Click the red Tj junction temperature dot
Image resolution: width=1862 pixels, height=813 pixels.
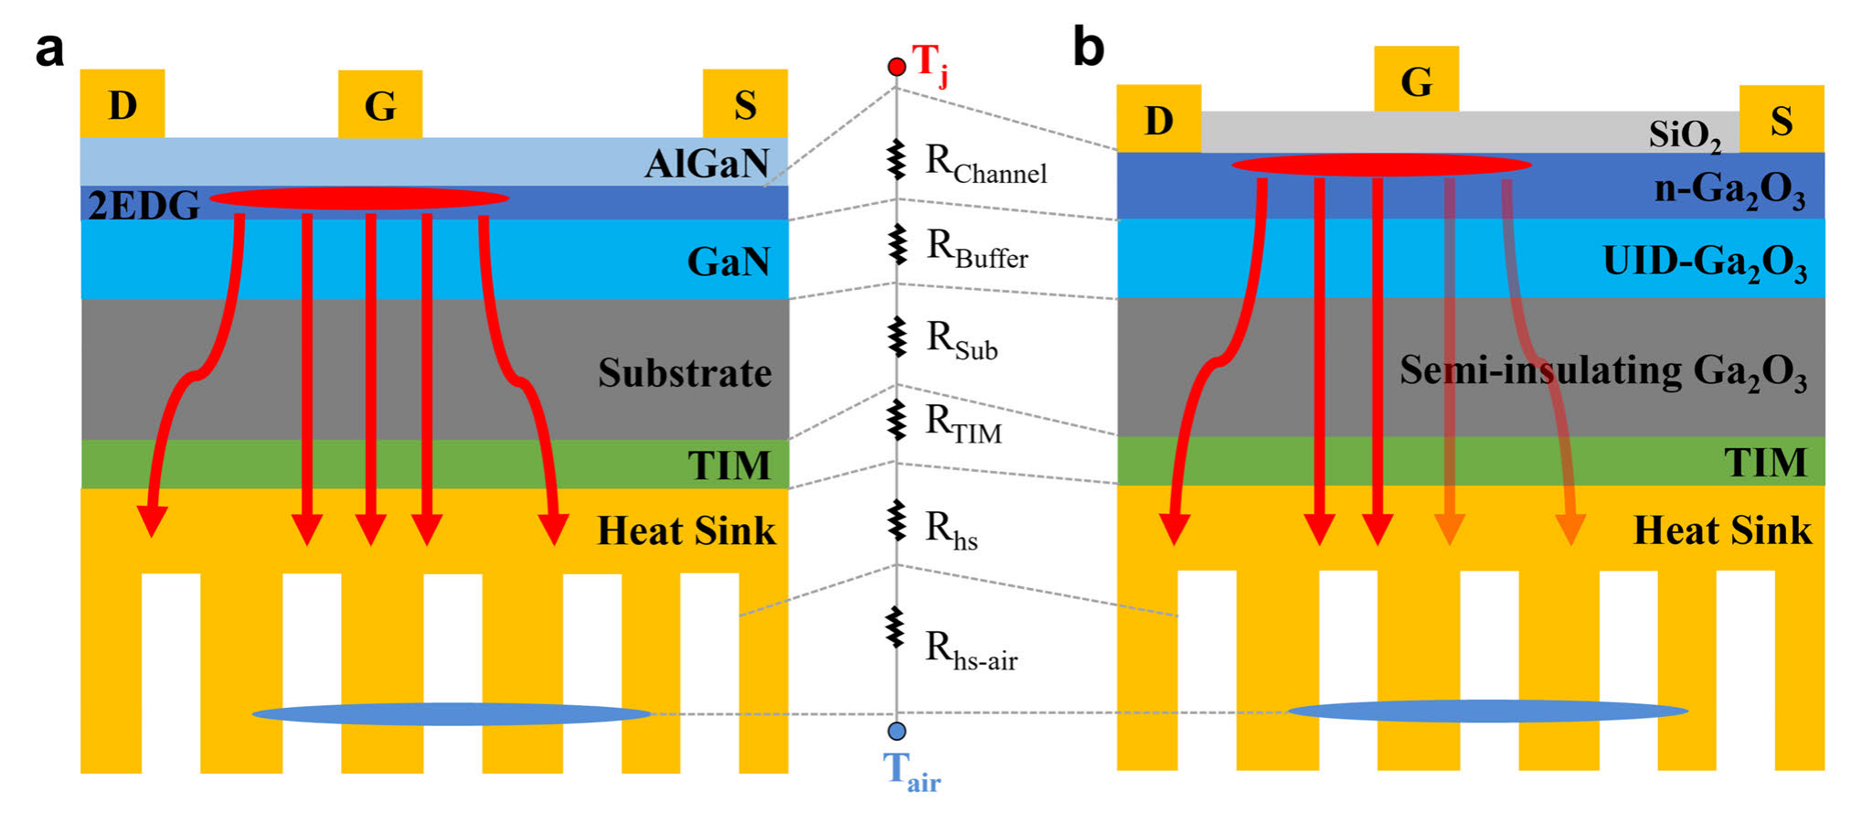[x=897, y=67]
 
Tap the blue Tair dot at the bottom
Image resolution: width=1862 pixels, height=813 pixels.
[x=897, y=731]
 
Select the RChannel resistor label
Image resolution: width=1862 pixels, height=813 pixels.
[x=985, y=165]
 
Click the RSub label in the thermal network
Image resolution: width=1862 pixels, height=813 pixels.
[x=962, y=340]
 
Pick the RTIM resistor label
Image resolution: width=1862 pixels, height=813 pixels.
[x=963, y=424]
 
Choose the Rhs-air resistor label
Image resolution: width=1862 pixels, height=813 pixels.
[x=971, y=650]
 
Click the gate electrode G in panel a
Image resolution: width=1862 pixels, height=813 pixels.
[x=380, y=104]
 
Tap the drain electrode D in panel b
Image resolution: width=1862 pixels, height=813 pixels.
[x=1158, y=119]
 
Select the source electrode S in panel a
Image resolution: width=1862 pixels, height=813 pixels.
[x=745, y=103]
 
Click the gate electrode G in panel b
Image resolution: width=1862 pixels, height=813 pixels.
[x=1416, y=80]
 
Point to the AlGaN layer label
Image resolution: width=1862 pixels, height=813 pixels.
[x=707, y=164]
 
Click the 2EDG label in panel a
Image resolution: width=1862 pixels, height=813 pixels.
[x=144, y=206]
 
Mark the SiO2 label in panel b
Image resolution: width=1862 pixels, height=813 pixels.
[x=1685, y=136]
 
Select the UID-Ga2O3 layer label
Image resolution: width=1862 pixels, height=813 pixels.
[x=1705, y=262]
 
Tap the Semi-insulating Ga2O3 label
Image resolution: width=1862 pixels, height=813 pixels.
[x=1603, y=371]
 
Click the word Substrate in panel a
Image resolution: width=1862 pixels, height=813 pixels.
[x=685, y=373]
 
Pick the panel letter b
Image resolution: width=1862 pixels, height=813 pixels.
[x=1088, y=46]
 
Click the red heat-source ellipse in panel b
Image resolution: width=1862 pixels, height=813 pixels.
[x=1381, y=165]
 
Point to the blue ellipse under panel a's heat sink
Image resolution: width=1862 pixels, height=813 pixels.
[x=452, y=713]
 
